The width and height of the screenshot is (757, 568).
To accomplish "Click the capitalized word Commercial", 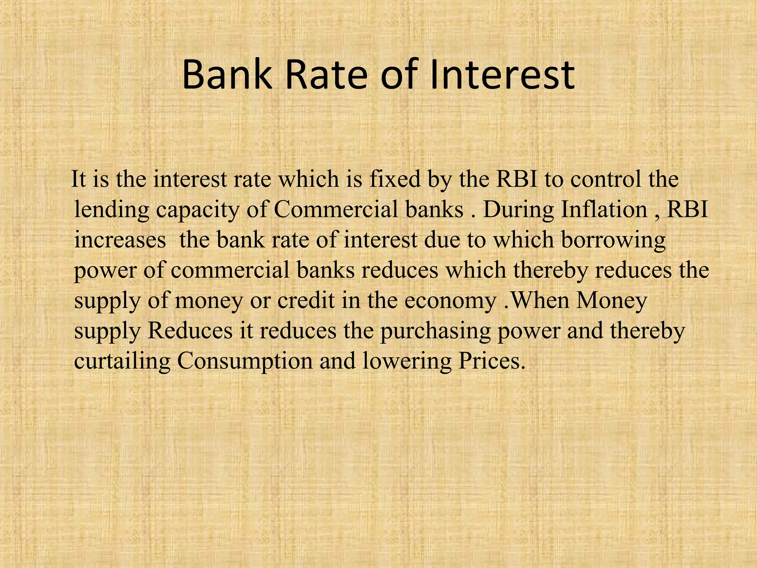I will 336,210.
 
